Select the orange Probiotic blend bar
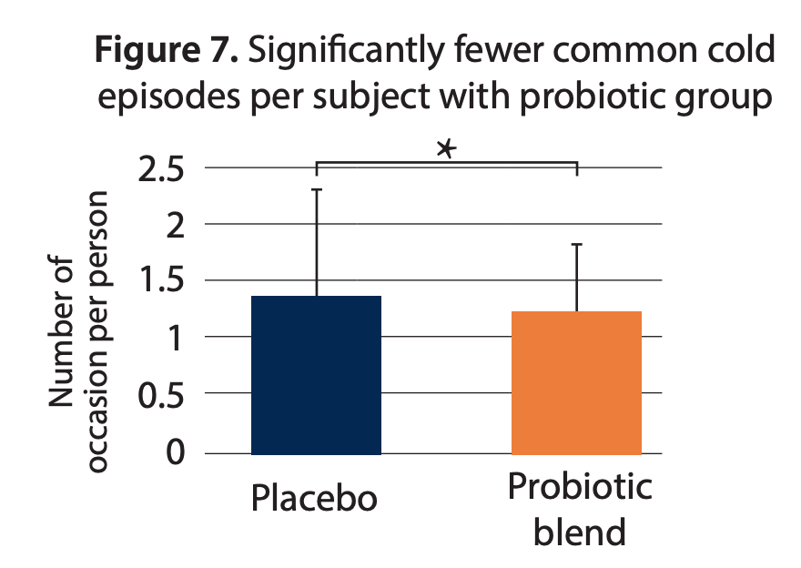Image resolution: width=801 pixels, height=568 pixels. (576, 382)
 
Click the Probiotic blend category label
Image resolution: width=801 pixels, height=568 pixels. (579, 509)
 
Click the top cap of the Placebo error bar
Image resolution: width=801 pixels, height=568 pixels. (316, 189)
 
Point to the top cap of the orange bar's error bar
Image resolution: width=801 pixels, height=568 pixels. (576, 244)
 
